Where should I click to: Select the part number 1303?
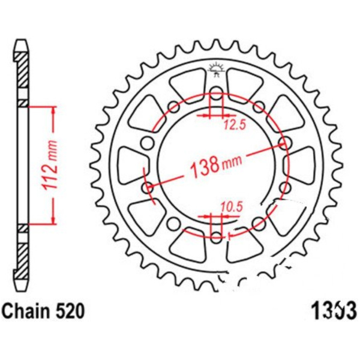coord(332,312)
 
